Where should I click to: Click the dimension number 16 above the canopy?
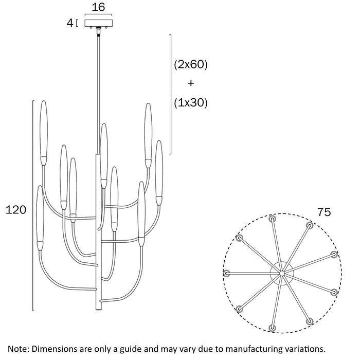coord(98,7)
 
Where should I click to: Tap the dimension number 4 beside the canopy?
coord(70,23)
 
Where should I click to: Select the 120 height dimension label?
coord(16,210)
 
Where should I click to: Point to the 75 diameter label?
coord(324,212)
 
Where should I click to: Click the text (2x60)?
coord(191,64)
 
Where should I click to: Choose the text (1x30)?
coord(191,103)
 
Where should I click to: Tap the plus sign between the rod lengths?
coord(191,83)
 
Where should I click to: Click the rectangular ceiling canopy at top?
coord(99,23)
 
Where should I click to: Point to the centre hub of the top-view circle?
coord(282,273)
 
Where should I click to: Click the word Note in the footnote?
coord(18,349)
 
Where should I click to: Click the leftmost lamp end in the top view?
coord(227,273)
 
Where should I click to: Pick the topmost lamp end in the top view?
coord(272,219)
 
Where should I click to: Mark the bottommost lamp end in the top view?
coord(272,328)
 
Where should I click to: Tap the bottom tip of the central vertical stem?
coord(99,310)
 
